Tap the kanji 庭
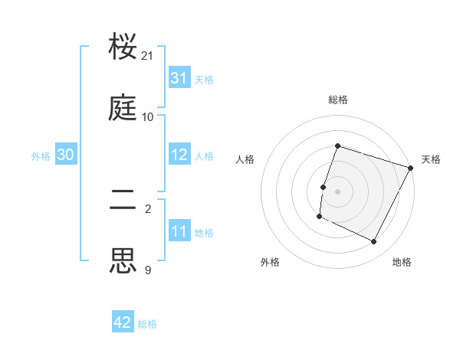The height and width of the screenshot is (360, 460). tap(123, 110)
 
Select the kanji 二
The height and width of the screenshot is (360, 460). tap(123, 201)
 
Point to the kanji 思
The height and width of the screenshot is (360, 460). tap(123, 261)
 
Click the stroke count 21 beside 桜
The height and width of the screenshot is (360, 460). tap(148, 56)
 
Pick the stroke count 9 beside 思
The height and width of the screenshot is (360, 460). tap(148, 270)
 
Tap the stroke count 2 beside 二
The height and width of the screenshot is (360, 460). tap(148, 208)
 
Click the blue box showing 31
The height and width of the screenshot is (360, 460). tap(179, 78)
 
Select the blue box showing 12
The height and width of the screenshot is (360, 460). tap(179, 155)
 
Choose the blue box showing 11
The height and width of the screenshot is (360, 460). tap(179, 231)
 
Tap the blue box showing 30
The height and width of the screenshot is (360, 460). tap(66, 155)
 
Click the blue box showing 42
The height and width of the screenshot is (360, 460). tap(123, 322)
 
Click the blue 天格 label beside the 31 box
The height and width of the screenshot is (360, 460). tap(204, 79)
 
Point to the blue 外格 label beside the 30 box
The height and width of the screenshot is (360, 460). tap(41, 155)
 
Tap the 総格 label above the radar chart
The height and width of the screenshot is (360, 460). tap(338, 100)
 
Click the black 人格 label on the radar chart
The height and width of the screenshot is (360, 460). tap(245, 159)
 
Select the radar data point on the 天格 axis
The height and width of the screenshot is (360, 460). tap(410, 168)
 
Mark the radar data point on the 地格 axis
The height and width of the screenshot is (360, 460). tap(374, 242)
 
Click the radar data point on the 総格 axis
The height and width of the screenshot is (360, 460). tap(337, 146)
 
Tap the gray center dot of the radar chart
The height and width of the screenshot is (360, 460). tap(337, 191)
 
